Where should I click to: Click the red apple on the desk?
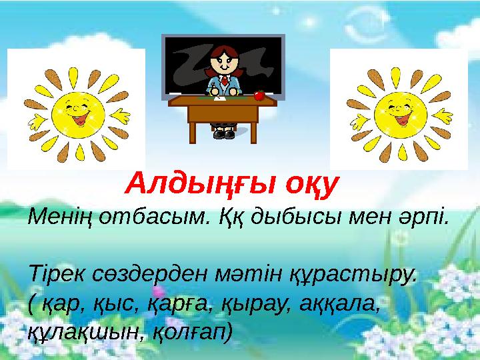coord(260,96)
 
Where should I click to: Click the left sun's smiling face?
coord(73,109)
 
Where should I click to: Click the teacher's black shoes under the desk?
coord(223,134)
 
